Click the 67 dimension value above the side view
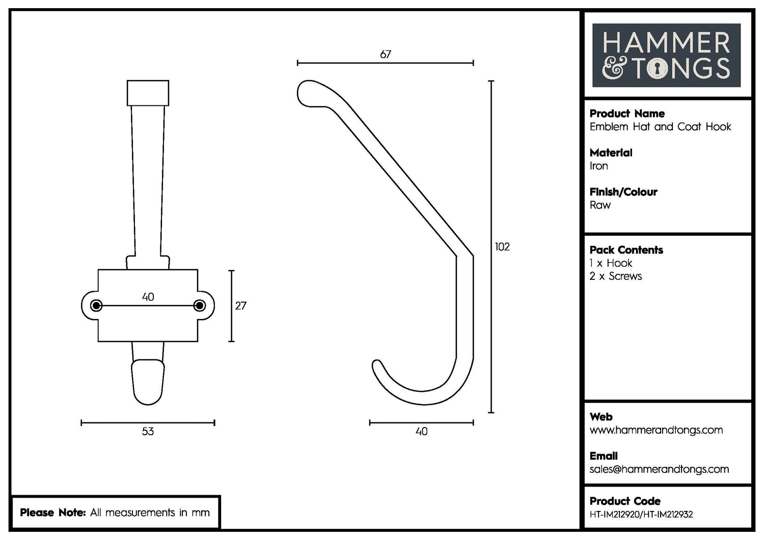tap(386, 54)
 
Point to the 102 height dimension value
tap(502, 247)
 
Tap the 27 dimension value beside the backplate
tap(240, 306)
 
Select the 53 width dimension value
tap(148, 432)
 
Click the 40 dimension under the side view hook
tap(421, 432)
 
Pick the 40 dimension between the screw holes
tap(148, 297)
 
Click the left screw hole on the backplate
tap(96, 305)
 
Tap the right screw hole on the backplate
tap(200, 305)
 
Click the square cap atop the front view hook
tap(148, 93)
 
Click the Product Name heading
tap(627, 113)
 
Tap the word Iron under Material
tap(599, 166)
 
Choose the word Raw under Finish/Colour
tap(600, 205)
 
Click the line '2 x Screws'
tap(616, 276)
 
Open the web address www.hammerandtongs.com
tap(656, 430)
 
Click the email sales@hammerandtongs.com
tap(659, 469)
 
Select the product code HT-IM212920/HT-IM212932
tap(641, 515)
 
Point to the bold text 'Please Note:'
tap(52, 513)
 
